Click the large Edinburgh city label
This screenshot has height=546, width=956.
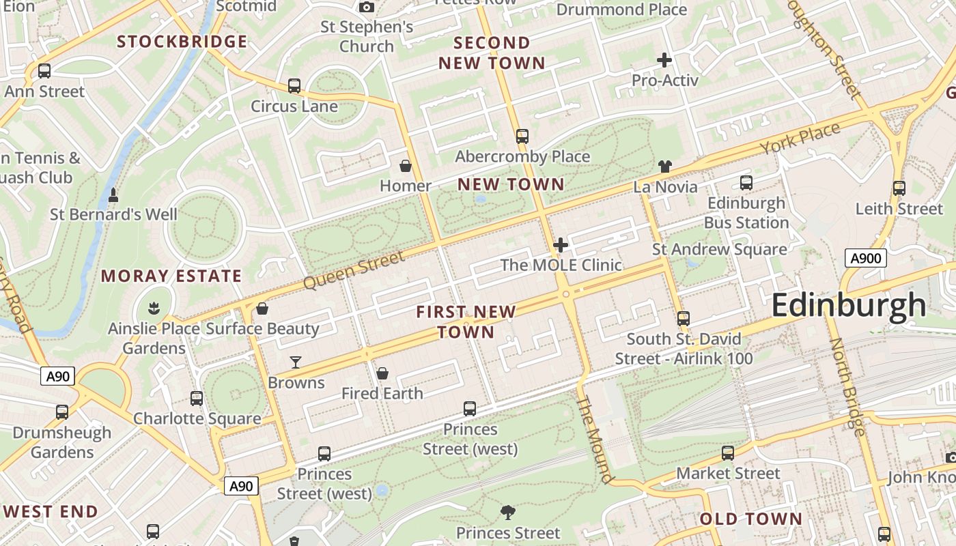click(849, 305)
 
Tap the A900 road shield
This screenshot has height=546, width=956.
click(866, 258)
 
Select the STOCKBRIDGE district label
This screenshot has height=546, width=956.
click(182, 42)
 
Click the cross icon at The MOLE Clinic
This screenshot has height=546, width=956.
click(561, 245)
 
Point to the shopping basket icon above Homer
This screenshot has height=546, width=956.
click(406, 166)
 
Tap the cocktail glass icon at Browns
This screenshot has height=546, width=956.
click(296, 362)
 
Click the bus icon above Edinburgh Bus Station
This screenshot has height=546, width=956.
click(746, 183)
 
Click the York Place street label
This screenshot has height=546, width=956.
click(800, 139)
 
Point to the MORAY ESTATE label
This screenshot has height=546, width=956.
click(171, 276)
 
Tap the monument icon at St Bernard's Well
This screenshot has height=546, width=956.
click(113, 195)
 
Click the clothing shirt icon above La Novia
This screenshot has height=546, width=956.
click(665, 167)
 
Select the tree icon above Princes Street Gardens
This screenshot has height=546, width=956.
click(507, 513)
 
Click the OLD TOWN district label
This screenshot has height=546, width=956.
click(751, 519)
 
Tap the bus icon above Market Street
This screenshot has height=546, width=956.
click(728, 453)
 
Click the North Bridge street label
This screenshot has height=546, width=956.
click(847, 386)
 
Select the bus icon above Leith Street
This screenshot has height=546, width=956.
click(899, 188)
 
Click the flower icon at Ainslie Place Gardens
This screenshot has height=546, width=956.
click(154, 308)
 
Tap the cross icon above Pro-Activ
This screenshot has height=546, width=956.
click(664, 60)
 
